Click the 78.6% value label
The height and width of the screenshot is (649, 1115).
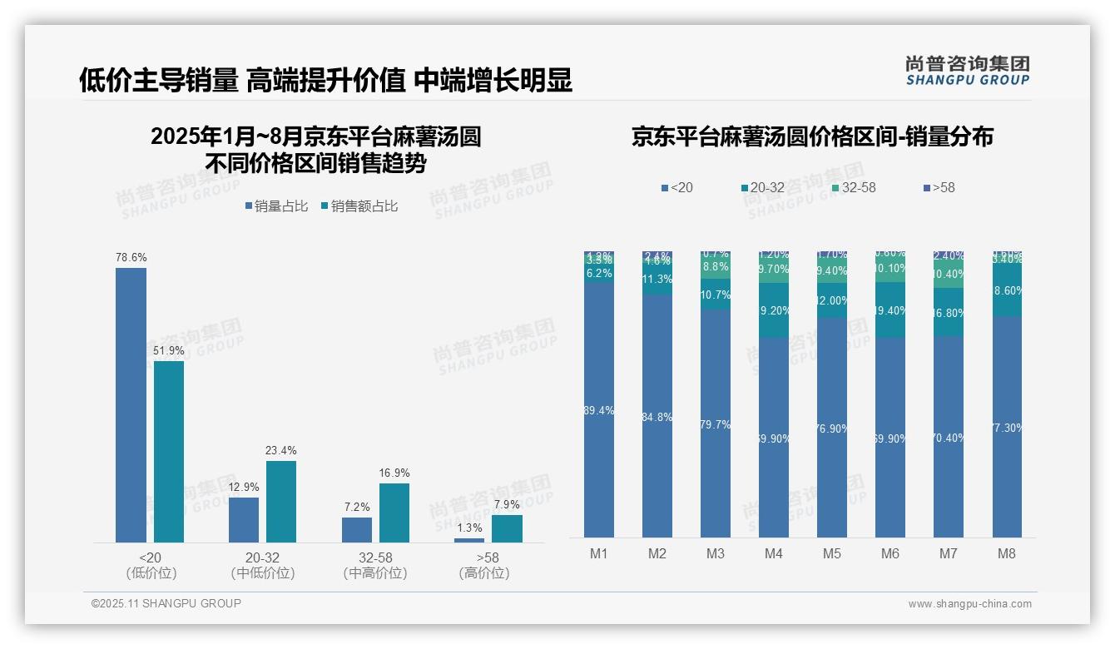(x=131, y=258)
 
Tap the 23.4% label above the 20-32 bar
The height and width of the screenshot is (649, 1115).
(x=281, y=451)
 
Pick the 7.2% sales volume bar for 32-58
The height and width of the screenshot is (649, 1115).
(x=356, y=530)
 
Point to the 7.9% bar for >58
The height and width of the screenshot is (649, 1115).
(x=507, y=528)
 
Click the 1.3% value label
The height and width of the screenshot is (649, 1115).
(x=469, y=528)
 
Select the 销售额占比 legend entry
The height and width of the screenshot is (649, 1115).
(x=359, y=206)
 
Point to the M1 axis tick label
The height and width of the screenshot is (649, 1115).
(x=598, y=553)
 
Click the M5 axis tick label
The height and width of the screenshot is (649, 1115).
(x=831, y=553)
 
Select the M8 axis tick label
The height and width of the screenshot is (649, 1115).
(x=1006, y=553)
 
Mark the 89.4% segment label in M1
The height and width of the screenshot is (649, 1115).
(x=599, y=411)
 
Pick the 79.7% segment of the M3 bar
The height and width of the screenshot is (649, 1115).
(x=716, y=424)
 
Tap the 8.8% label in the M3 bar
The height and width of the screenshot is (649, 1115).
(x=716, y=267)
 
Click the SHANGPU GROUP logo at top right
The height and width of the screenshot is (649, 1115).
(x=968, y=71)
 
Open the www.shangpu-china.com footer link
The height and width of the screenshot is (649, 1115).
(x=969, y=604)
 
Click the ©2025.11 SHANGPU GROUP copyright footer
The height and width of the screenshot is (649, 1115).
(x=166, y=603)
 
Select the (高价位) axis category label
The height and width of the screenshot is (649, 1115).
(x=484, y=573)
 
